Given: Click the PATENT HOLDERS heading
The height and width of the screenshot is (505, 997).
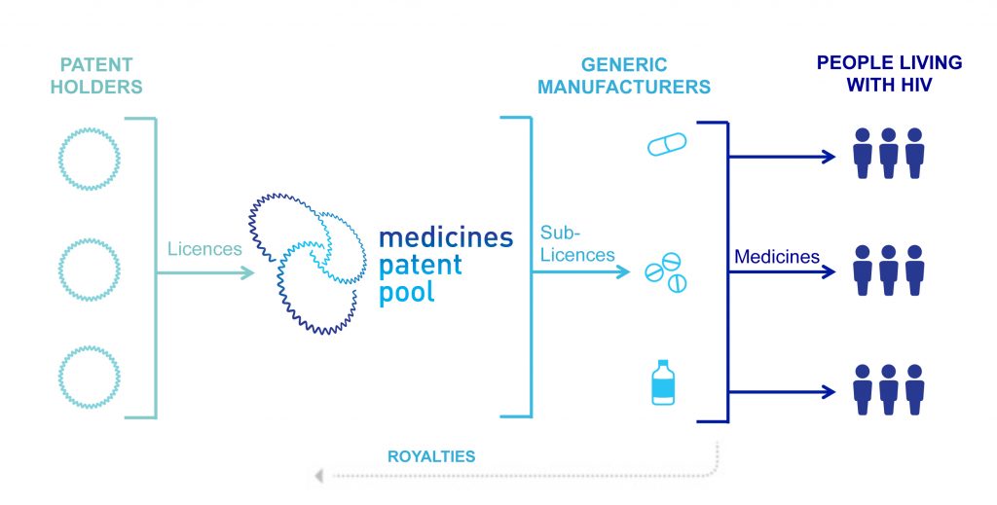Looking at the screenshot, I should pos(101,76).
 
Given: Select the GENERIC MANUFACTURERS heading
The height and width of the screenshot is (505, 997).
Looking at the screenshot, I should pos(624,76).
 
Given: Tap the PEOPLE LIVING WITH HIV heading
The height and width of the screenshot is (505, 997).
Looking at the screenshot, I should pos(889,73).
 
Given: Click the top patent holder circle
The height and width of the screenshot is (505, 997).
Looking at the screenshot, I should pos(89,156).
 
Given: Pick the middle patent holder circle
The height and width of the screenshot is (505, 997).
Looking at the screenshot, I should pos(89,265).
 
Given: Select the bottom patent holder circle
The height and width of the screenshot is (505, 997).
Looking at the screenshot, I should pos(89,376).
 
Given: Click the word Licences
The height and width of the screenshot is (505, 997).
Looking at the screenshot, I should pos(204,249).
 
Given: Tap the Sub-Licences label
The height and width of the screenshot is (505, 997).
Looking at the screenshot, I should pos(577,244).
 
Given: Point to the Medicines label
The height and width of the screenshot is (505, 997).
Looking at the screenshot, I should pos(776,257).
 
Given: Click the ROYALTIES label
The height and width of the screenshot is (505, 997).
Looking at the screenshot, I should pos(431,455).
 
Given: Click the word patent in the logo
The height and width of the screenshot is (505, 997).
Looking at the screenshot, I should pos(421,265).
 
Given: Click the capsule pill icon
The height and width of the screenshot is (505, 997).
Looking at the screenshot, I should pos(667,144).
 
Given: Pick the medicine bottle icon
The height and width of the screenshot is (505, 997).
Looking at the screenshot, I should pos(664,382).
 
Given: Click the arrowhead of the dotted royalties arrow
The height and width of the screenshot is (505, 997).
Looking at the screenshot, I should pos(318,476).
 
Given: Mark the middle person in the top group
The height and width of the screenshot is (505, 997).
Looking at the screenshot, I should pos(888,154).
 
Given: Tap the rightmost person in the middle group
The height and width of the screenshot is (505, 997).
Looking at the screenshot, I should pos(914,271).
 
